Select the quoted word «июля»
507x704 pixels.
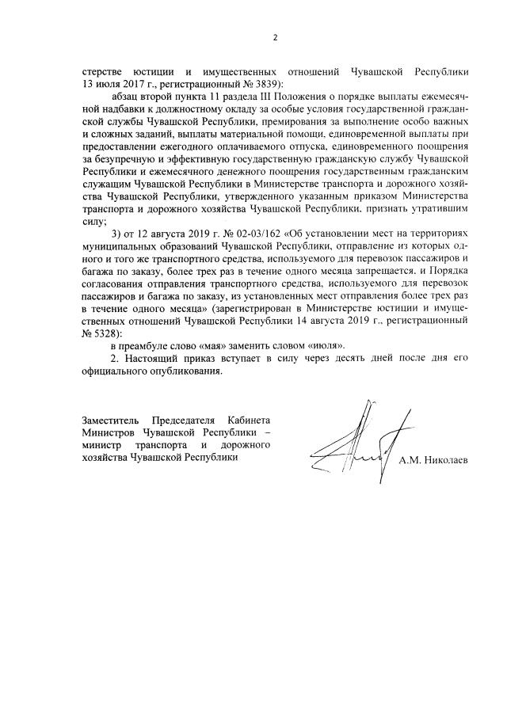point(326,346)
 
